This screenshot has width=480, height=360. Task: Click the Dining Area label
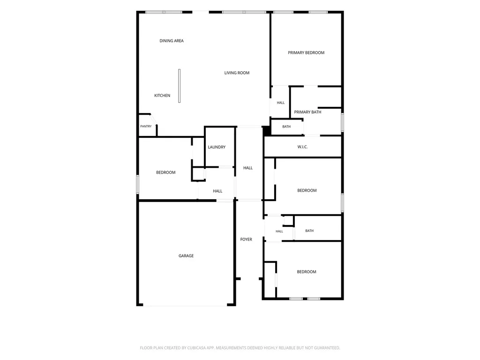(172, 41)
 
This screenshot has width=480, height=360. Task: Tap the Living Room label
(237, 73)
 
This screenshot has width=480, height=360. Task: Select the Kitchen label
(162, 96)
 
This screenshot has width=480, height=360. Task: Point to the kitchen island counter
(180, 86)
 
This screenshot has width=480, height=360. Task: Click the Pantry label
(146, 127)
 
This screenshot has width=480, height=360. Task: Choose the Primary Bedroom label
(306, 52)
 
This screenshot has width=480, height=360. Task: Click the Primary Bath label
(307, 112)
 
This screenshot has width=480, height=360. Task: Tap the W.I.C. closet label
(302, 147)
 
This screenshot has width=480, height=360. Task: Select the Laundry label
(217, 147)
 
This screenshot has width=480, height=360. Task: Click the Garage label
(186, 256)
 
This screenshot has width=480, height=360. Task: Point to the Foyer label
(246, 240)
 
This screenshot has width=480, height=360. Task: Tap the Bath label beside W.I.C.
(286, 127)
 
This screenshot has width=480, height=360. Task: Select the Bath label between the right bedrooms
(309, 231)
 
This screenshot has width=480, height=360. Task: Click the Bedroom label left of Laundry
(166, 172)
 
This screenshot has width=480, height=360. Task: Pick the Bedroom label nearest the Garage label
(166, 172)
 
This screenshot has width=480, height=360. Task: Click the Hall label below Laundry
(217, 191)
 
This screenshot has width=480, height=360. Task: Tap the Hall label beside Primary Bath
(281, 103)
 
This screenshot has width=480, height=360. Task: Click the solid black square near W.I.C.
(267, 131)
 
